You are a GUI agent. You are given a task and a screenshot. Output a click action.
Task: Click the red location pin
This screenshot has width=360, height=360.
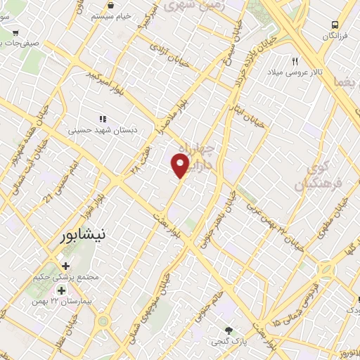point(180,165)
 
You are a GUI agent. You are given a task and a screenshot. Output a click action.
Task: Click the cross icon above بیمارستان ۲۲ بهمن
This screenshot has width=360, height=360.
point(62,290)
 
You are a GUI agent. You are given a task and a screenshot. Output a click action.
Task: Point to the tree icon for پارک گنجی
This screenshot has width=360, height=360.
point(228,330)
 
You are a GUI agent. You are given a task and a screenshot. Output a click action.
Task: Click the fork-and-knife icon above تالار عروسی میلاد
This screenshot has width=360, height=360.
point(295,61)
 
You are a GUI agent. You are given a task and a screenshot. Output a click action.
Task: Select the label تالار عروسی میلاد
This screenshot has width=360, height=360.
point(297,72)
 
